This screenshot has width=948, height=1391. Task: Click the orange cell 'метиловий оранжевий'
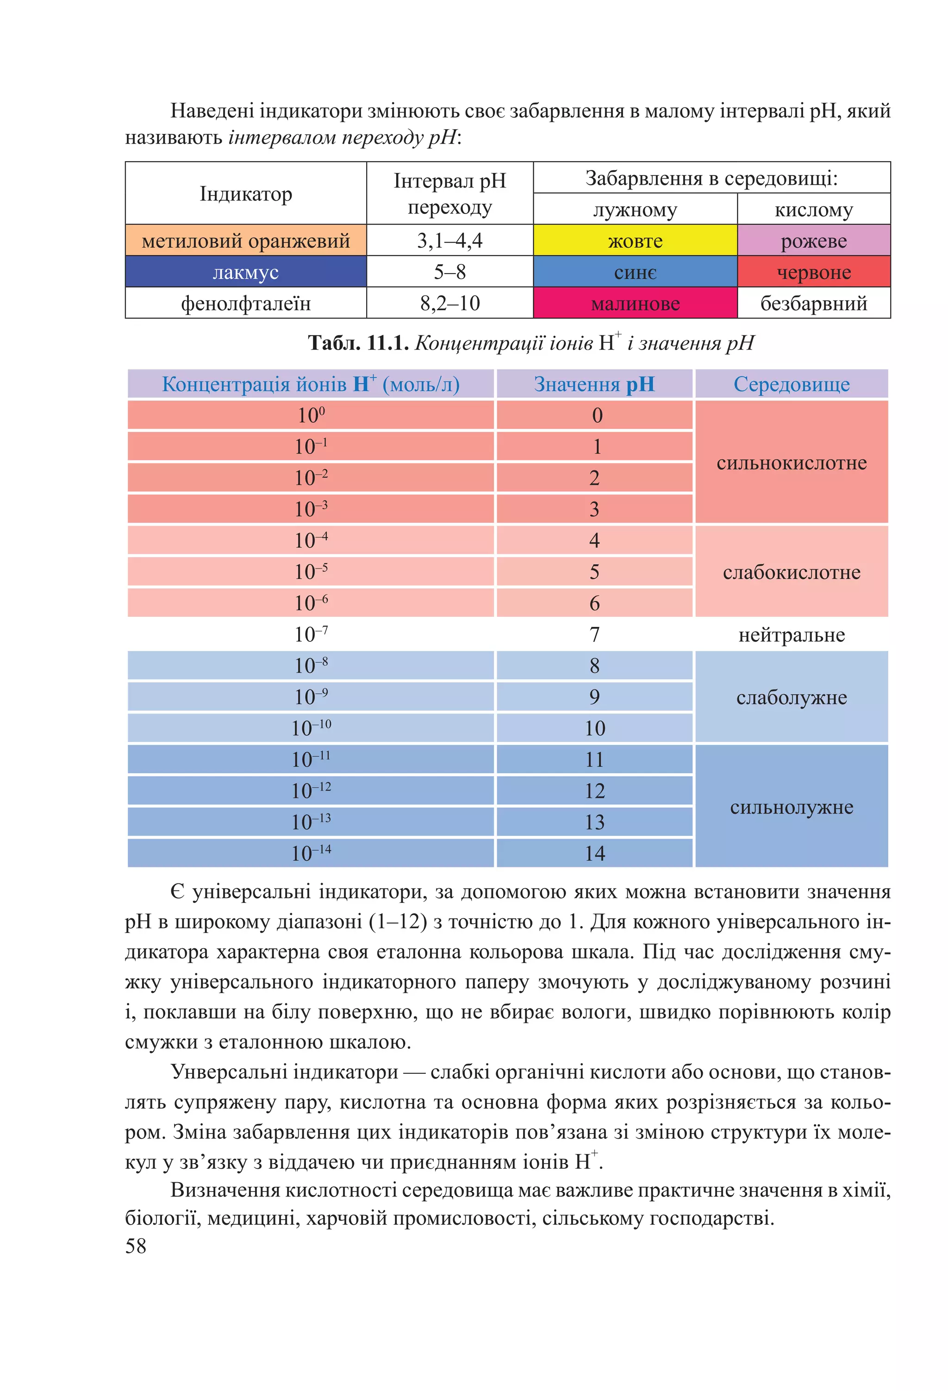click(x=245, y=241)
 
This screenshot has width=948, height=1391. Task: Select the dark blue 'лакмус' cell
click(x=245, y=272)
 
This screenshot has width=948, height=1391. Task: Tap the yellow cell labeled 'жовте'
click(x=635, y=241)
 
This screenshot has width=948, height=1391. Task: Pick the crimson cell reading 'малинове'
click(x=635, y=303)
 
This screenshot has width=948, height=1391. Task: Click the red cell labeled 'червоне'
click(x=813, y=272)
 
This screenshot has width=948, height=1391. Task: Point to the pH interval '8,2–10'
click(x=449, y=303)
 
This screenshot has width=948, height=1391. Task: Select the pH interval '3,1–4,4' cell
click(x=449, y=241)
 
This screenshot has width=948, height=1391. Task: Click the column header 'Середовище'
click(x=791, y=384)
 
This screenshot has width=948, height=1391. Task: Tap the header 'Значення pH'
click(x=594, y=384)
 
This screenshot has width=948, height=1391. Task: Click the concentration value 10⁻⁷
click(x=311, y=634)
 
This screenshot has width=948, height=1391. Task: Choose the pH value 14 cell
click(x=594, y=853)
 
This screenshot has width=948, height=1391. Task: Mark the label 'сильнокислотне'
click(x=791, y=463)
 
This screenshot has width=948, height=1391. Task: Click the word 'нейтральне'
click(x=791, y=634)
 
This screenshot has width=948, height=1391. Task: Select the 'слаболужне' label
click(x=791, y=697)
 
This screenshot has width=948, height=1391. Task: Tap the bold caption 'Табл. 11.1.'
click(x=358, y=343)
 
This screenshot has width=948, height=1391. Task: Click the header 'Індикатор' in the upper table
click(x=245, y=194)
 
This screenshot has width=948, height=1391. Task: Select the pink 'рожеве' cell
click(x=813, y=241)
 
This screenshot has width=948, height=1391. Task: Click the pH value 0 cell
click(x=594, y=415)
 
